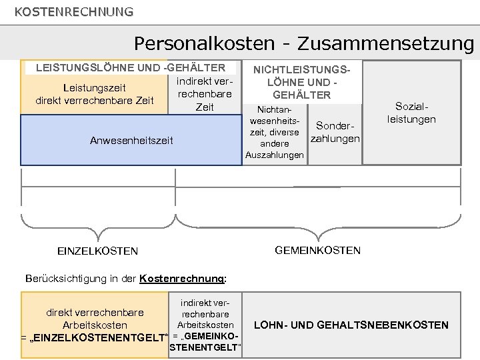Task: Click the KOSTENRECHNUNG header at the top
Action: (73, 11)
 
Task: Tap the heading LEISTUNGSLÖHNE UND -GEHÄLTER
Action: (130, 67)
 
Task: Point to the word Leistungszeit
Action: (94, 87)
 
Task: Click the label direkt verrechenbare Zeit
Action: (94, 101)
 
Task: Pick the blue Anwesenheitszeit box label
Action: (131, 140)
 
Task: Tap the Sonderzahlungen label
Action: (336, 132)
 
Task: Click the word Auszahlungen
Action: (274, 155)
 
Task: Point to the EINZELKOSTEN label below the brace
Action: (98, 251)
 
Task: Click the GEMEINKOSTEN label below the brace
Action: (317, 250)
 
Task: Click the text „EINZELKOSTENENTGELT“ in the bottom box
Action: (93, 338)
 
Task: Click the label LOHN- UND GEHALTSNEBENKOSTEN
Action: (351, 325)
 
